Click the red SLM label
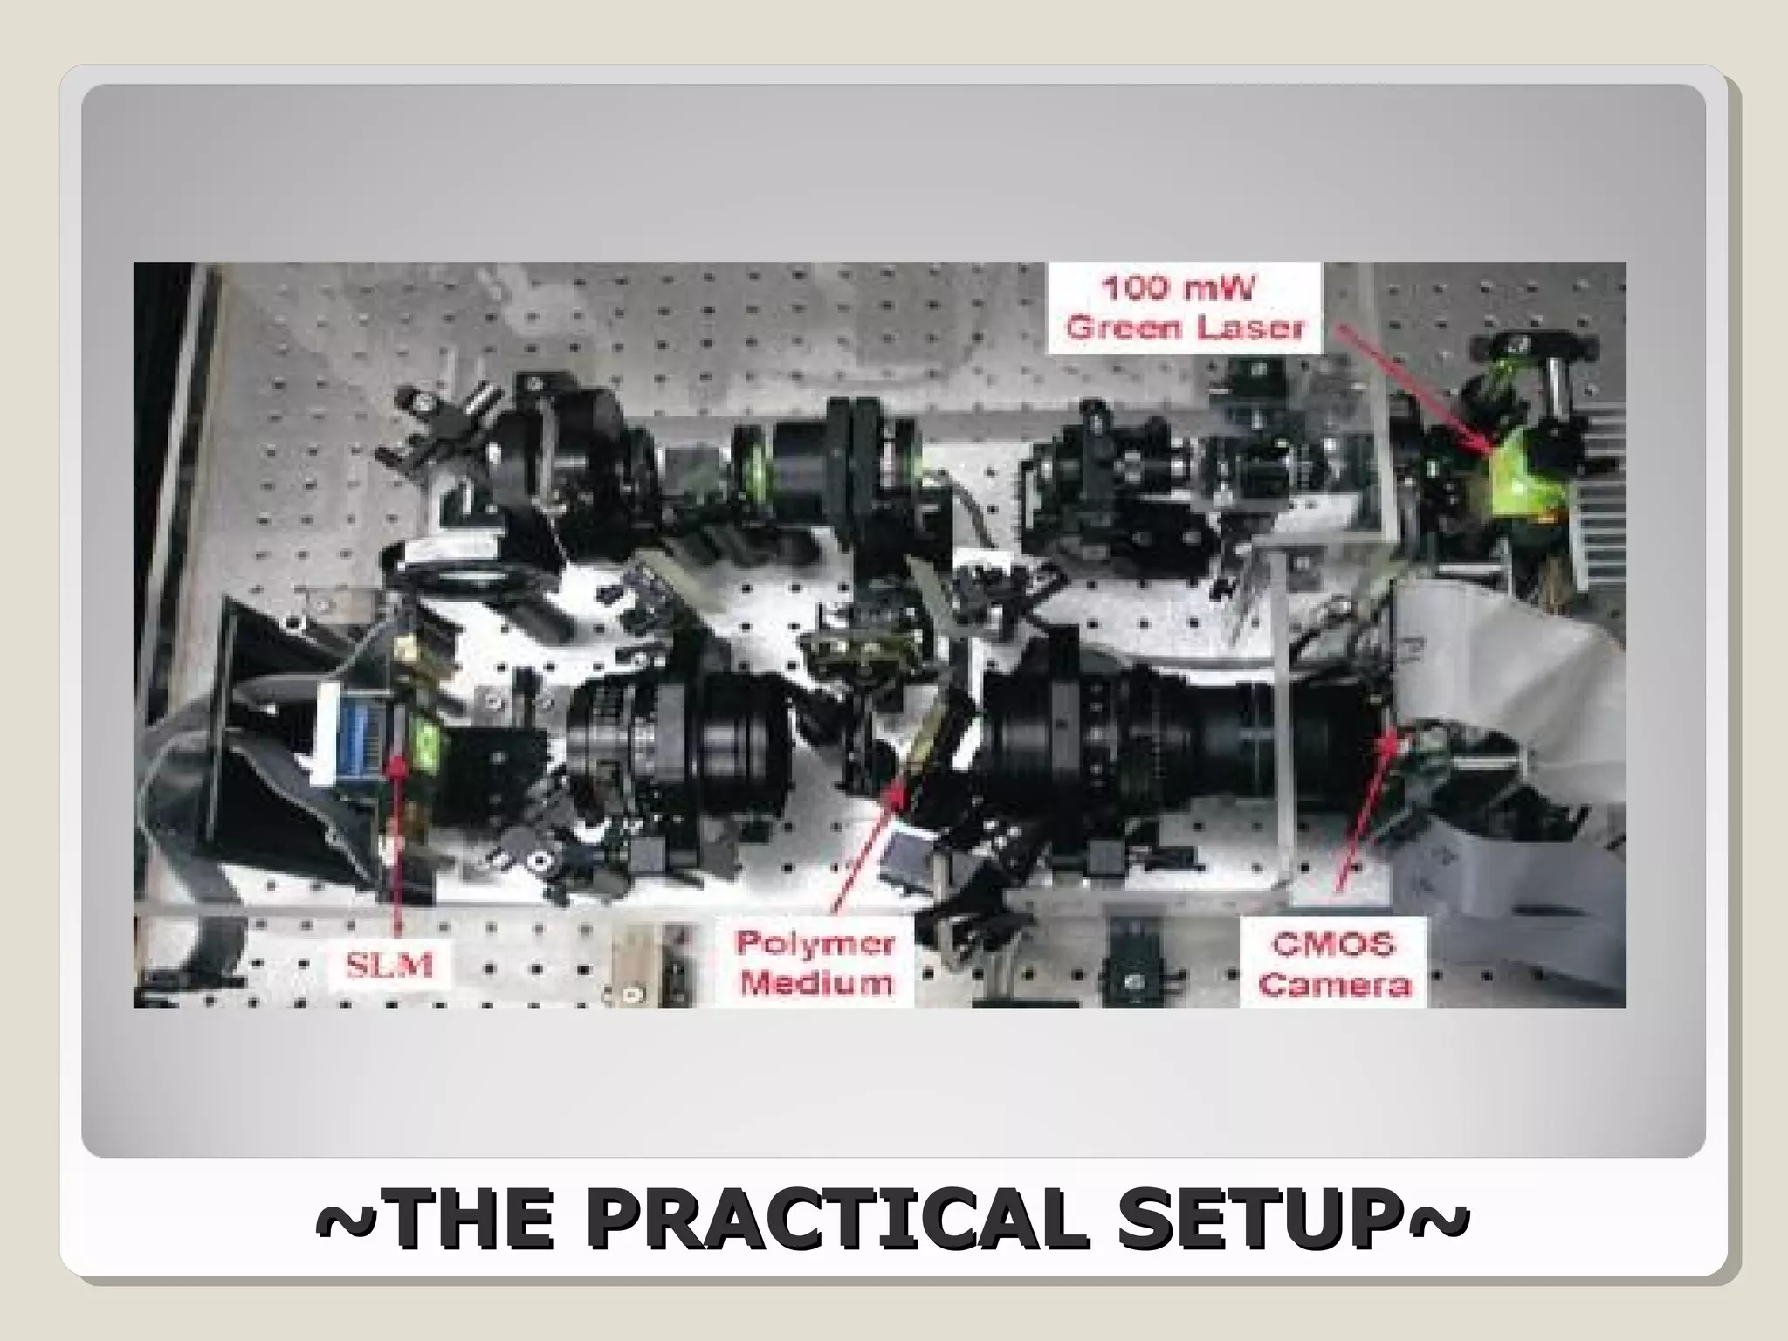(x=390, y=966)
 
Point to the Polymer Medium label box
(x=815, y=964)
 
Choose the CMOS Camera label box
(x=1333, y=964)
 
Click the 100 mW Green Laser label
(x=1185, y=308)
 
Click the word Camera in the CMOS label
(x=1333, y=985)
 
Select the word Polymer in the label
(x=815, y=945)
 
